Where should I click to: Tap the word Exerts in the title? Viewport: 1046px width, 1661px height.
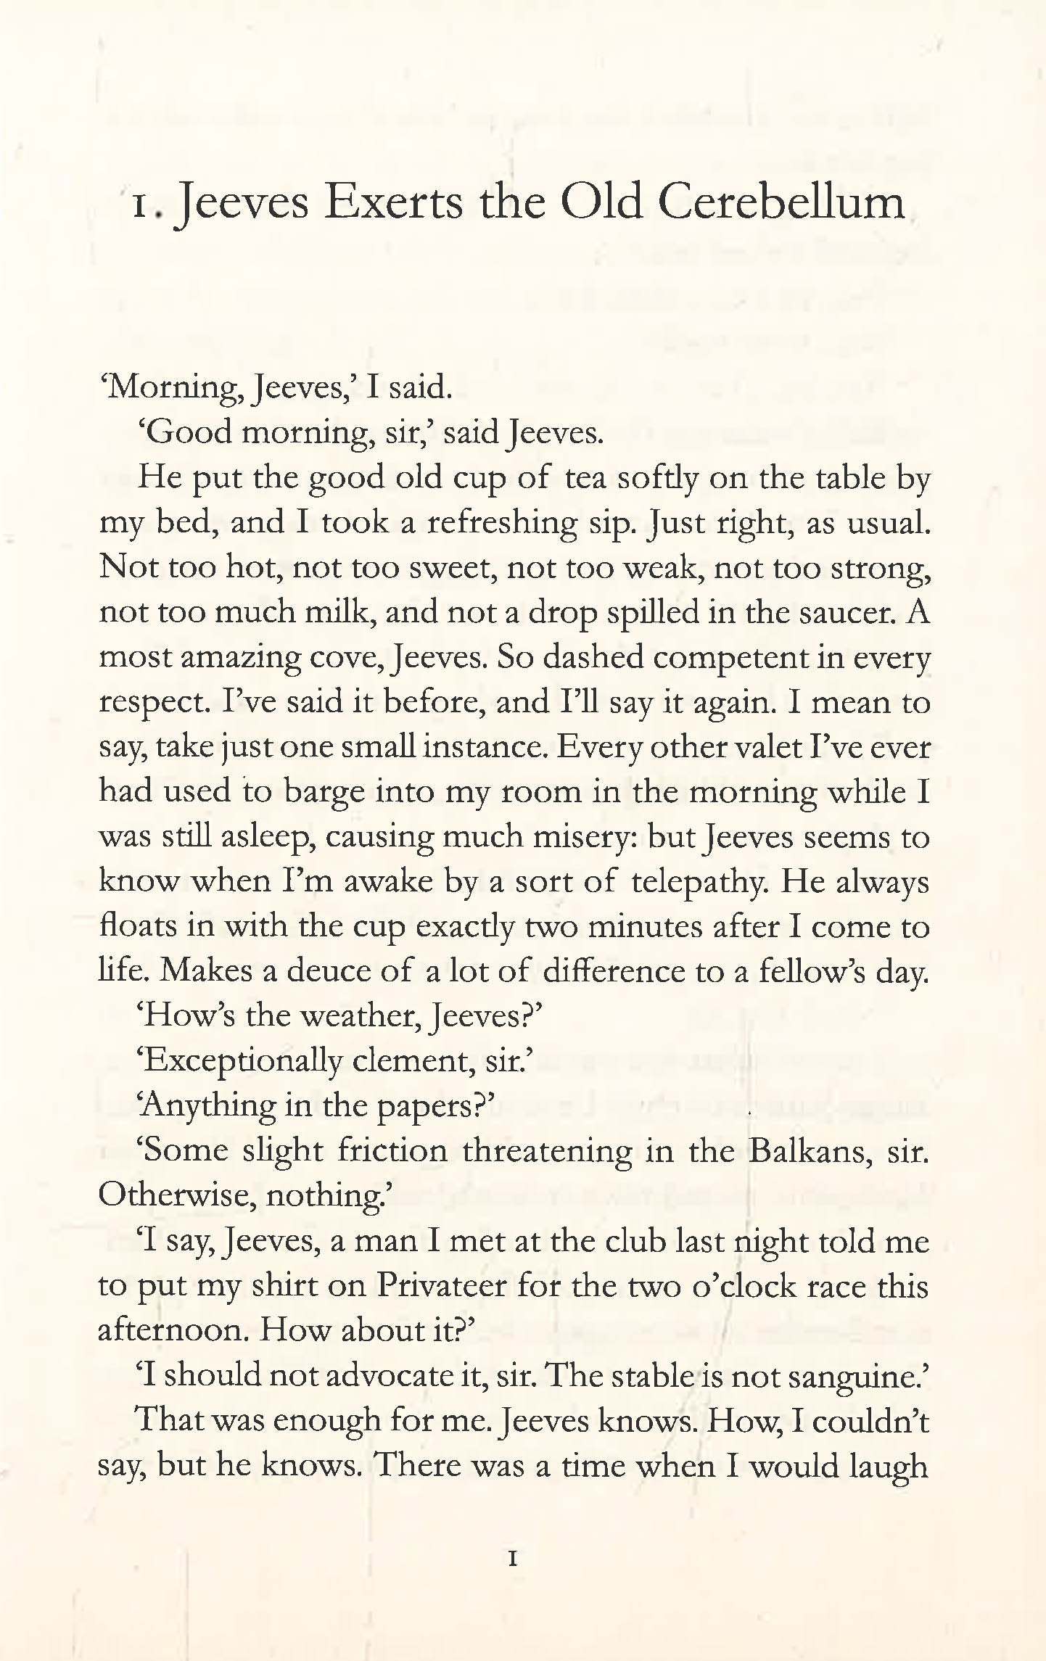(x=392, y=203)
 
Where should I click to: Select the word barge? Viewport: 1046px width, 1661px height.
(x=324, y=792)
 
